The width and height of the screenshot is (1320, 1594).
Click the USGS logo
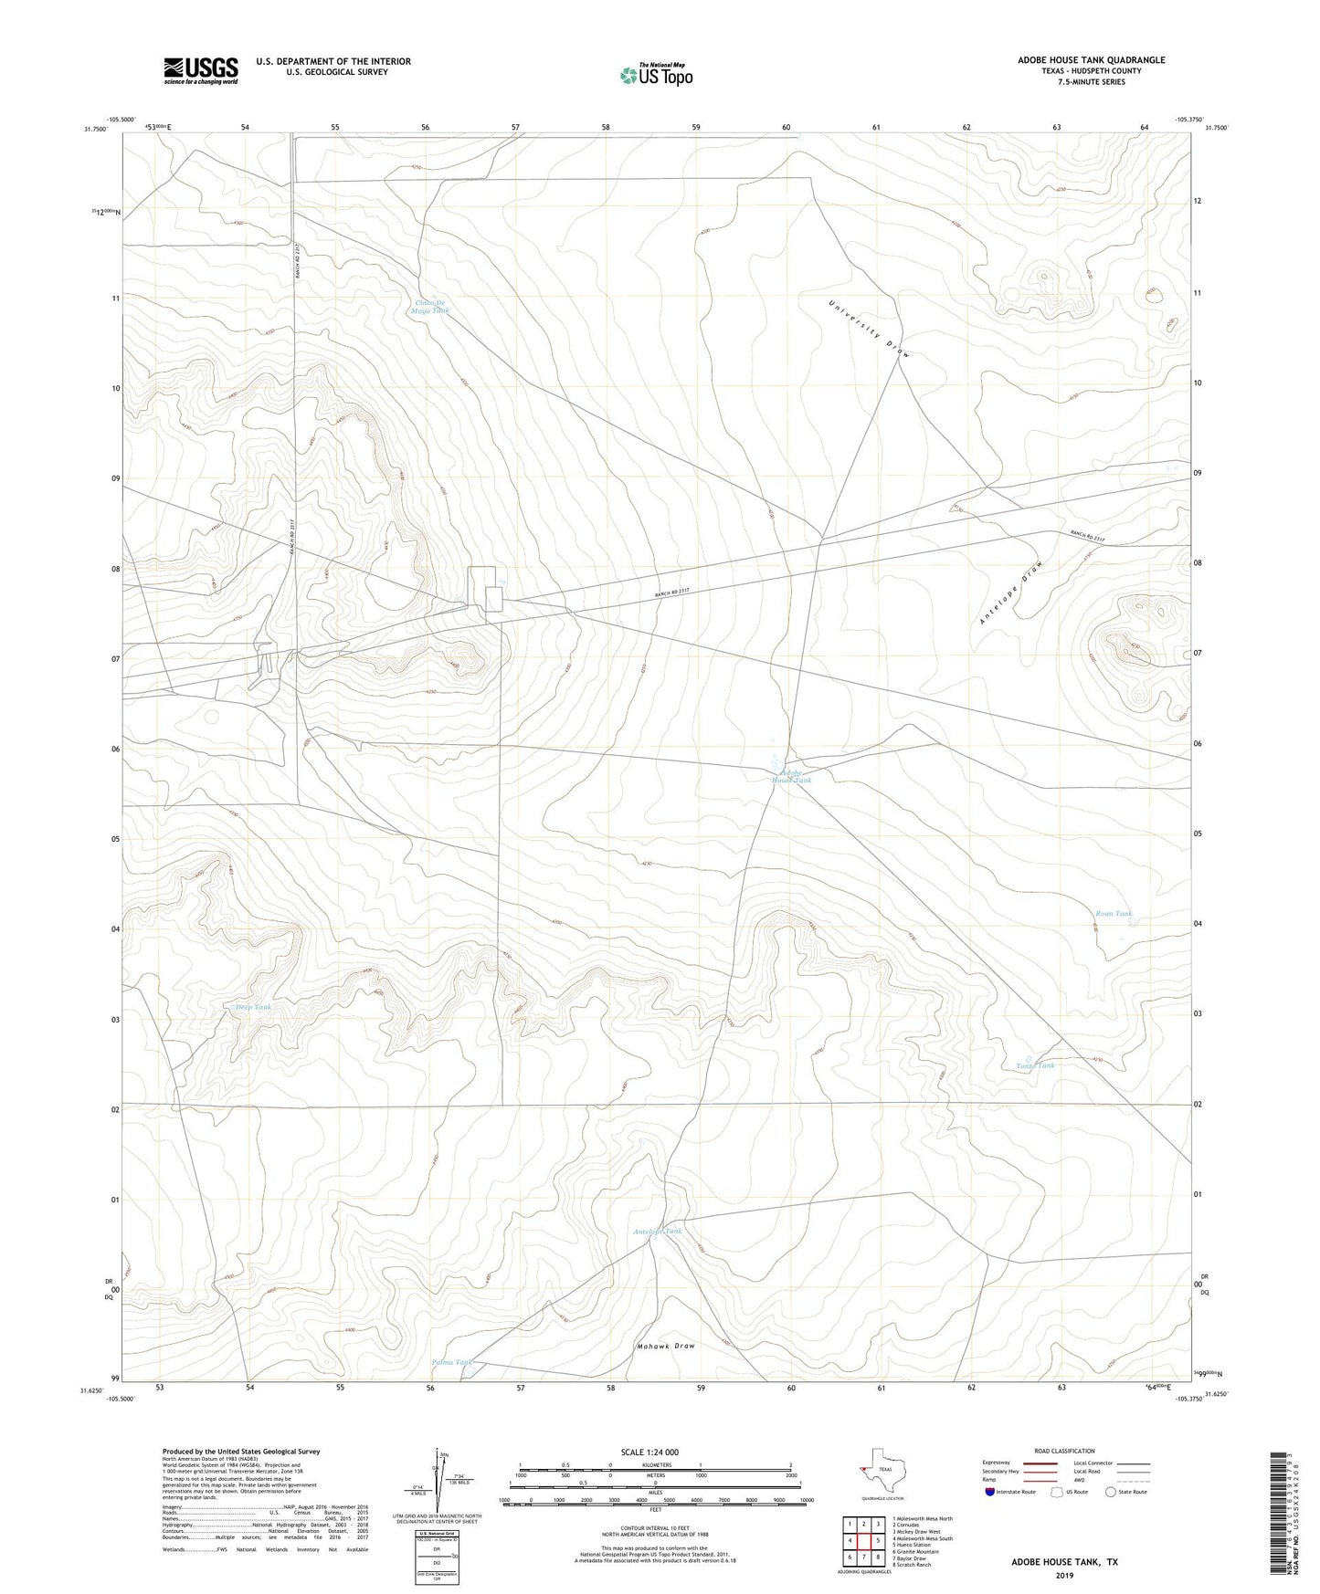201,70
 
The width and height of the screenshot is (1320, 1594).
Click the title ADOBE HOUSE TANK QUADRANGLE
1091,60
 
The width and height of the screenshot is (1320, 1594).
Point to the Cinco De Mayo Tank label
430,307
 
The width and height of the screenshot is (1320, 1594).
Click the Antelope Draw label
1011,593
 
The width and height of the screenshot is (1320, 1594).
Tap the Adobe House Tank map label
791,776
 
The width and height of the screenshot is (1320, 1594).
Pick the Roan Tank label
1114,914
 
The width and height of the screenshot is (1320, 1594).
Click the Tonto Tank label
1035,1065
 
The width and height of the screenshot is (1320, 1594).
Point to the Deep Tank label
253,1007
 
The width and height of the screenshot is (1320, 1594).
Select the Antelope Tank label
658,1232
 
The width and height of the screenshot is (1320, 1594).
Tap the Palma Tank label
452,1362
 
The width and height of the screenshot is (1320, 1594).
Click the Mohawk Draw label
665,1347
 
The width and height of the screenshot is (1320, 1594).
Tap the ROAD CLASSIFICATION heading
1064,1451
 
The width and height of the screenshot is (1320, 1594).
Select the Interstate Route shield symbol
992,1492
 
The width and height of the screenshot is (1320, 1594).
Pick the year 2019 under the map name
1063,1575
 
